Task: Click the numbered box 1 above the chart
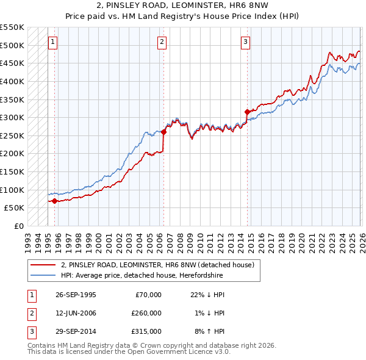coord(53,42)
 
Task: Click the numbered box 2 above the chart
coord(162,42)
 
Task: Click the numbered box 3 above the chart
coord(245,42)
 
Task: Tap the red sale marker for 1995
coord(55,201)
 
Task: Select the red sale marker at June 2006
coord(164,132)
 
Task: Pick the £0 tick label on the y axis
coord(18,226)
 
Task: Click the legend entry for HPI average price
coord(142,275)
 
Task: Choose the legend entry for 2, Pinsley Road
coord(161,265)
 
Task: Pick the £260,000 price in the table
coord(146,313)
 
